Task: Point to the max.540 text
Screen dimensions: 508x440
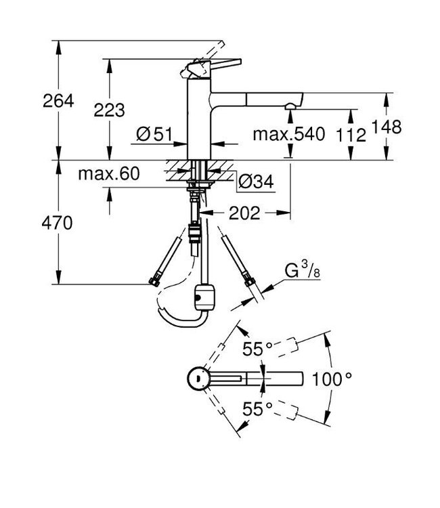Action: pos(288,134)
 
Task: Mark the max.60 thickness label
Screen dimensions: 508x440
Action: pos(108,174)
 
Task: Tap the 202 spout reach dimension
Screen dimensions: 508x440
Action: pos(244,213)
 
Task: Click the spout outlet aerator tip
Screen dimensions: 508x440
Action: pos(290,106)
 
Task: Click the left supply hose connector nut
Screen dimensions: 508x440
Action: pos(154,279)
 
